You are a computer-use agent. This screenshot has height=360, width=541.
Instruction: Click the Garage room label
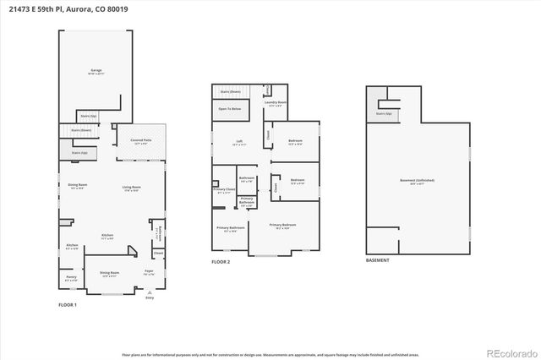click(96, 71)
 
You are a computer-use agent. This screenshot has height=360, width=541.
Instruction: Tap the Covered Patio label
click(141, 142)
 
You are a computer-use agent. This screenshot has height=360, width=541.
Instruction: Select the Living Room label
click(131, 188)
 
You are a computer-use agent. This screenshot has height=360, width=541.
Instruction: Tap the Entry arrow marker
click(150, 292)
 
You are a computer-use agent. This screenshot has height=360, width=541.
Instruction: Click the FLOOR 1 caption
click(67, 304)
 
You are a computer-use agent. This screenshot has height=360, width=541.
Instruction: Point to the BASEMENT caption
click(378, 260)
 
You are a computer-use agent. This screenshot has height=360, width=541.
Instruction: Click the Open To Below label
click(230, 109)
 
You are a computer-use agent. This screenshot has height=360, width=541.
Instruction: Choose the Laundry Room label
click(276, 104)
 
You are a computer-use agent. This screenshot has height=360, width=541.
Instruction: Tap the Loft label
click(238, 143)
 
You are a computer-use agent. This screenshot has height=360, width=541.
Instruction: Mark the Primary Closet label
click(224, 191)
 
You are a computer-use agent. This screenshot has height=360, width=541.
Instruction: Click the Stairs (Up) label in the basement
click(382, 113)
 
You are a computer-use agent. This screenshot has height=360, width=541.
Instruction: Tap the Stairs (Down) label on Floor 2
click(231, 91)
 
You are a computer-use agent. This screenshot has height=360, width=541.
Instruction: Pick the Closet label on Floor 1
click(158, 253)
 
